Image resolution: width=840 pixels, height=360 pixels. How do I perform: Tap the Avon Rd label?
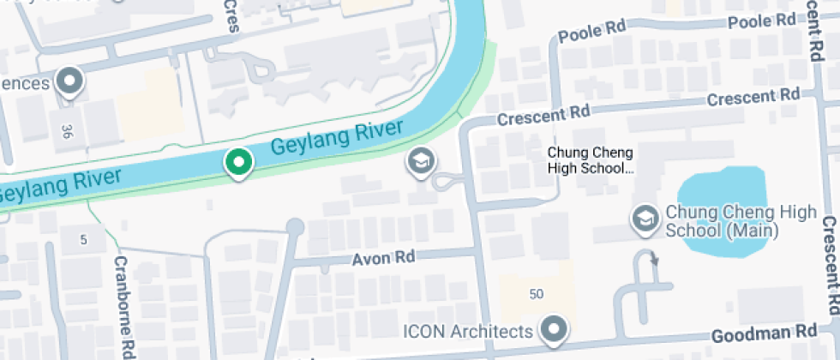(383, 258)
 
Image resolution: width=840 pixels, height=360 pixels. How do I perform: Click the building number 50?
(537, 295)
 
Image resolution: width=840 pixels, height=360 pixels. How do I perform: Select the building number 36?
(67, 131)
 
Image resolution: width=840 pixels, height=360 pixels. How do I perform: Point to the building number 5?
(83, 240)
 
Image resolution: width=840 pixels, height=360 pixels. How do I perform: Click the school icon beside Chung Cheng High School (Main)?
(643, 219)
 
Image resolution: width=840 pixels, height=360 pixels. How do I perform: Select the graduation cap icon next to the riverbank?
(420, 161)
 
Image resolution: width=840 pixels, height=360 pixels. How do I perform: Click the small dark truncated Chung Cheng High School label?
(591, 160)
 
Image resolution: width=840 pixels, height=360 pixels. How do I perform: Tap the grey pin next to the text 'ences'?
(69, 82)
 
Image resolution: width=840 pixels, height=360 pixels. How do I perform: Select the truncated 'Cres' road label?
(230, 15)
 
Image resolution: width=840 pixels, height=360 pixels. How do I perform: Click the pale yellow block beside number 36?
(151, 107)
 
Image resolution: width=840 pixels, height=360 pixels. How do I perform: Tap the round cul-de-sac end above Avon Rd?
(295, 227)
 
